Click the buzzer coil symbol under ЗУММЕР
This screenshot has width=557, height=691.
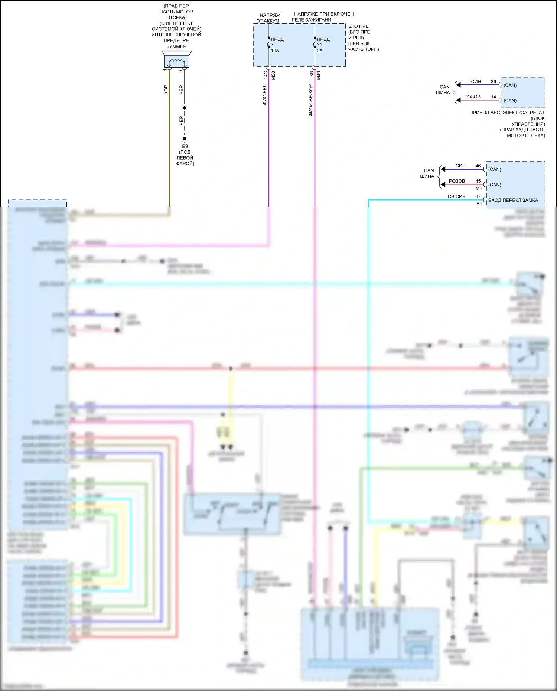[177, 62]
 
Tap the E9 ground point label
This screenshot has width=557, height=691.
[185, 146]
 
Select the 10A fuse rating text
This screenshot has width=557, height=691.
[275, 50]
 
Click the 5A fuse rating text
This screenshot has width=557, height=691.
[320, 50]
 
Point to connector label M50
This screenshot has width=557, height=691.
[274, 75]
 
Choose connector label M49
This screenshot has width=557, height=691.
[319, 75]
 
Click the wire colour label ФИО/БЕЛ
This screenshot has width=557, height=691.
[265, 95]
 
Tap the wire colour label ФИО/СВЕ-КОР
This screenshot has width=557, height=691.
[310, 100]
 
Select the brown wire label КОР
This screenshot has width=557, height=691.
[166, 89]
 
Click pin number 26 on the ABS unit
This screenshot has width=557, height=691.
[493, 81]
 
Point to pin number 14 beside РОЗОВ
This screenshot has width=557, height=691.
[493, 97]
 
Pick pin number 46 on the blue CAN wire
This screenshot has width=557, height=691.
[478, 166]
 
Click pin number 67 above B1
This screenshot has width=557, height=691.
[478, 196]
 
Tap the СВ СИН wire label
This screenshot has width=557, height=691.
[456, 196]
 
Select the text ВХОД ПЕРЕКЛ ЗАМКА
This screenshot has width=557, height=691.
[513, 200]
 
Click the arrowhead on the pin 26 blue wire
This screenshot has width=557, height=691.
[459, 85]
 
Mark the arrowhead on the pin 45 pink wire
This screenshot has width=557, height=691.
[443, 185]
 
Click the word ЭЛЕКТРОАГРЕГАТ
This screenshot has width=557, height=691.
[524, 113]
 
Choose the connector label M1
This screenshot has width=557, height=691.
[479, 189]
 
